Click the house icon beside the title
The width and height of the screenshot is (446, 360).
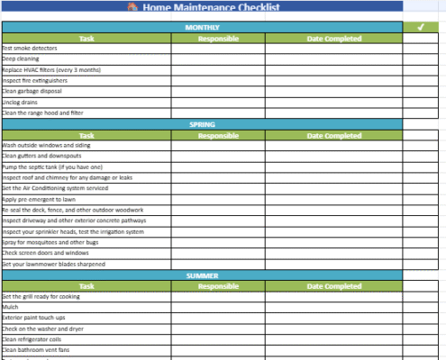132,7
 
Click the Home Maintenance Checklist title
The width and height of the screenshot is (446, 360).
212,7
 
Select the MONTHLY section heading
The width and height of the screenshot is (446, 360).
202,27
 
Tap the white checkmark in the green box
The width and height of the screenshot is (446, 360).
420,27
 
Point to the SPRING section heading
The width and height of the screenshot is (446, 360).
202,124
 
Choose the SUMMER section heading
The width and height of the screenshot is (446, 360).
202,275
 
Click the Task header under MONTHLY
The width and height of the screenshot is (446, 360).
86,38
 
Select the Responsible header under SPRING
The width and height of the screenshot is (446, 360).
218,135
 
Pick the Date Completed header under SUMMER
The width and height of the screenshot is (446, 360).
333,286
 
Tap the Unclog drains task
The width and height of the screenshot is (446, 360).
19,103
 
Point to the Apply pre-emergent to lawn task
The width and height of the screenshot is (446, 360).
38,200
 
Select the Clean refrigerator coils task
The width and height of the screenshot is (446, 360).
32,340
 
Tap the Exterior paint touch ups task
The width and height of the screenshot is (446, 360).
36,319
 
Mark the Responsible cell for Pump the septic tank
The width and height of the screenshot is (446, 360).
218,167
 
